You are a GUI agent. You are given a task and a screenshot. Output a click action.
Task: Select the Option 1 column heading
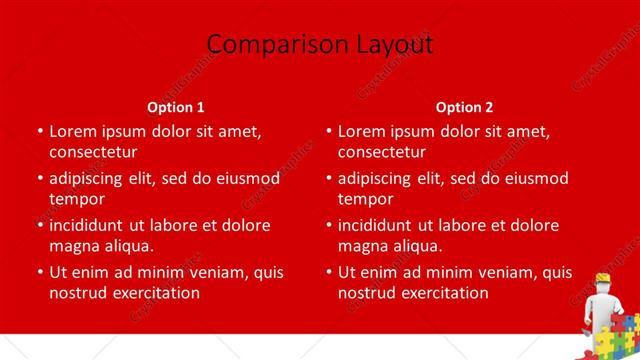click(176, 107)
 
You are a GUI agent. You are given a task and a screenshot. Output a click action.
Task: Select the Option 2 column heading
click(465, 107)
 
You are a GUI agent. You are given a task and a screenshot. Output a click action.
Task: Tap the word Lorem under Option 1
click(73, 131)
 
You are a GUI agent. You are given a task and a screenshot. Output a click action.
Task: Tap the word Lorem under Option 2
click(362, 131)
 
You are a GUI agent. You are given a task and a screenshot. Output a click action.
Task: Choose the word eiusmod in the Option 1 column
click(246, 179)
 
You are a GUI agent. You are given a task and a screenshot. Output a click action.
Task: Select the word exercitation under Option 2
click(439, 293)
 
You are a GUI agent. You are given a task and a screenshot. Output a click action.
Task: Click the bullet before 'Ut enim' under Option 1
click(38, 272)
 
